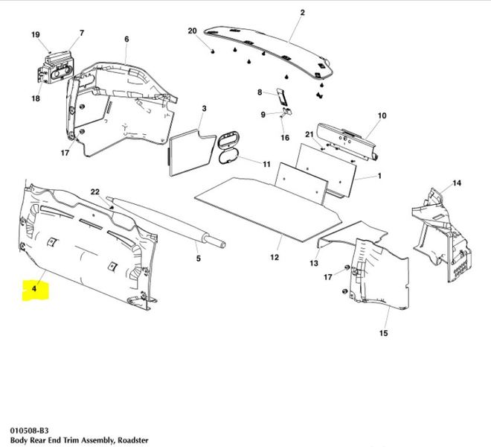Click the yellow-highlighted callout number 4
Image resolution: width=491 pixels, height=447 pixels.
pos(33,287)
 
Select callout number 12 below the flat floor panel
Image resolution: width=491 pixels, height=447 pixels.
pos(275,258)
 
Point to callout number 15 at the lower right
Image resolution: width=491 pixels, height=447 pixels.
pos(383,333)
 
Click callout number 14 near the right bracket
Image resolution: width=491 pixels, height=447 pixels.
pos(457,183)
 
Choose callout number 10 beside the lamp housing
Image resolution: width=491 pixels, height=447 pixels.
pos(382,116)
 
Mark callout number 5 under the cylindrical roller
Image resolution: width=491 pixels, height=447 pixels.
pos(198,259)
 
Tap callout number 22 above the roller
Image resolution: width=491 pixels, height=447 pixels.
pos(95,192)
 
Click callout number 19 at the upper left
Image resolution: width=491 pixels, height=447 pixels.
pos(35,35)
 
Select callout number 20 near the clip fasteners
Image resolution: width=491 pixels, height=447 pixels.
pos(192,31)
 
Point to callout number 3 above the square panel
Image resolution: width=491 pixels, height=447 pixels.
pos(203,109)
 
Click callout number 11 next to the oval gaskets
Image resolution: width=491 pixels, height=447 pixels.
pos(266,163)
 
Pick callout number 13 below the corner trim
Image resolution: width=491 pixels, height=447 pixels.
pos(315,263)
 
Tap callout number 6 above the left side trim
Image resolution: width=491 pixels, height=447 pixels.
pos(126,39)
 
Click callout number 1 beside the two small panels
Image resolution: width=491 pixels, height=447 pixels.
pos(379,177)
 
